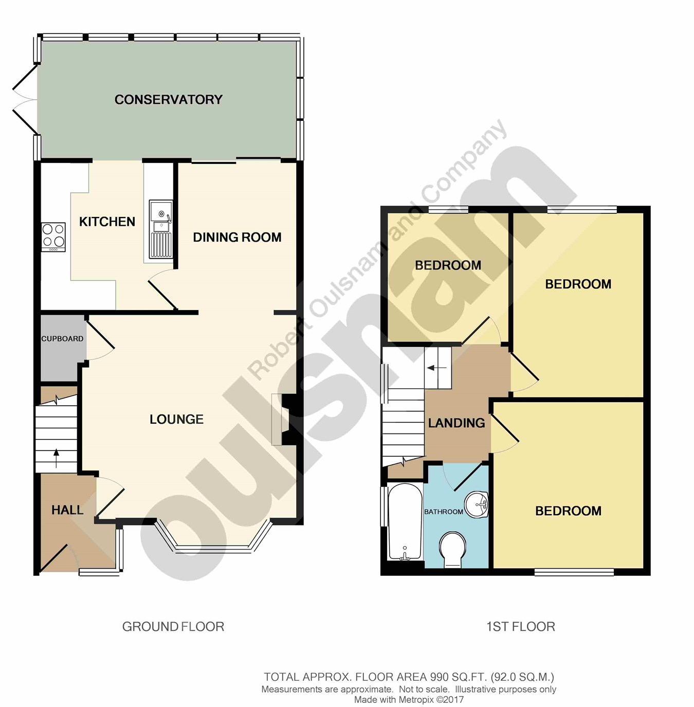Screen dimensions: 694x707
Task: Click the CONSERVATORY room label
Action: [x=169, y=99]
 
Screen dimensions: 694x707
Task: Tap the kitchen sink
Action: [x=161, y=229]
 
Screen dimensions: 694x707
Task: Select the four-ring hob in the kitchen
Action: [x=53, y=237]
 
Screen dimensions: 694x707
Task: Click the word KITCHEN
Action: [x=107, y=222]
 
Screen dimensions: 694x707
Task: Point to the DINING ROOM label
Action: [x=238, y=238]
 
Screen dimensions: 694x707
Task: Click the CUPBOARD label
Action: [x=62, y=339]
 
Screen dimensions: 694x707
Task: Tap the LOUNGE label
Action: [x=176, y=419]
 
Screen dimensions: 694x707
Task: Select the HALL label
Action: [x=67, y=510]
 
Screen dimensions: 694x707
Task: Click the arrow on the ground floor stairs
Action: [x=56, y=458]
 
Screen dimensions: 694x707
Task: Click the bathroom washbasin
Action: [x=477, y=505]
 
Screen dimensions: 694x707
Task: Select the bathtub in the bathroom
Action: [x=405, y=522]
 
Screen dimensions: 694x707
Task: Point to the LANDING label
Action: [x=456, y=423]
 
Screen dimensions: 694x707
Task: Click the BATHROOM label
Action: [x=444, y=512]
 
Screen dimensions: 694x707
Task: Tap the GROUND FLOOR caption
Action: [x=173, y=626]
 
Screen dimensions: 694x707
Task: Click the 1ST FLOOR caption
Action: [x=521, y=626]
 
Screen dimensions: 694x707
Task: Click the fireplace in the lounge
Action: [x=284, y=420]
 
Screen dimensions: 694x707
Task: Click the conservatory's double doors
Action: [x=25, y=99]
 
